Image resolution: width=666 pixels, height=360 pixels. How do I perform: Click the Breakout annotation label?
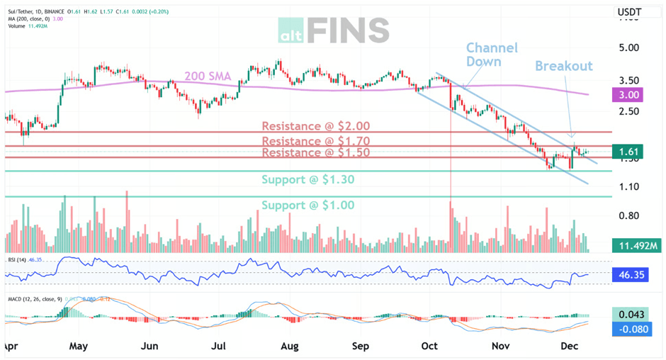[x=563, y=66]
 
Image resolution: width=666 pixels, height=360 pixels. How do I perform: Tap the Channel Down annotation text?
[x=492, y=55]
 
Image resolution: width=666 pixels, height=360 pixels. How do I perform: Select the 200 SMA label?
[x=208, y=76]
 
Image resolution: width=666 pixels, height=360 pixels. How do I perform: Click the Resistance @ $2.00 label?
[x=316, y=126]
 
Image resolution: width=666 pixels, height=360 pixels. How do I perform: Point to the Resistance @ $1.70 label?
[x=316, y=142]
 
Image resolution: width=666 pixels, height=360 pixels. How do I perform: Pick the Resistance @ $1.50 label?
[x=316, y=153]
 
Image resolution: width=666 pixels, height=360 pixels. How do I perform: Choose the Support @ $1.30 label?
[x=307, y=180]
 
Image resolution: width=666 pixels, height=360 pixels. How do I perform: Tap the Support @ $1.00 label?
[x=307, y=206]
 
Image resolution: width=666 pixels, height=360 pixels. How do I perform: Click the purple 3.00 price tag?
[x=629, y=94]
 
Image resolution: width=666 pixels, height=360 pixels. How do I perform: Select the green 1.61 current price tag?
[x=629, y=152]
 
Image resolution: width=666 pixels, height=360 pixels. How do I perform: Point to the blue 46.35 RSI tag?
[x=629, y=274]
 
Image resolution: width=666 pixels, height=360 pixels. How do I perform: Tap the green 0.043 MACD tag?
[x=629, y=315]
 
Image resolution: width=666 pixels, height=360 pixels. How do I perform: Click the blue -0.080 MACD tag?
[x=629, y=329]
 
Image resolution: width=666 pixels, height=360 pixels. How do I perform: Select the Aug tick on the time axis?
[x=289, y=347]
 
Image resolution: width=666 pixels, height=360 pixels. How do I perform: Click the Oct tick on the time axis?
[x=429, y=347]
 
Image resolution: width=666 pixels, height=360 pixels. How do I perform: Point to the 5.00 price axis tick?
[x=629, y=47]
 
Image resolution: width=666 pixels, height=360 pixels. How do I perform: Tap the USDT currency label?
[x=629, y=12]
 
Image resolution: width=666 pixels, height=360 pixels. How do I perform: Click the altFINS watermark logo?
[x=333, y=30]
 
